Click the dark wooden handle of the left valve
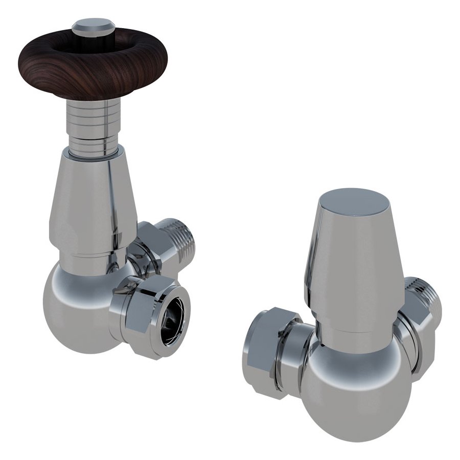pos(51,72)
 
